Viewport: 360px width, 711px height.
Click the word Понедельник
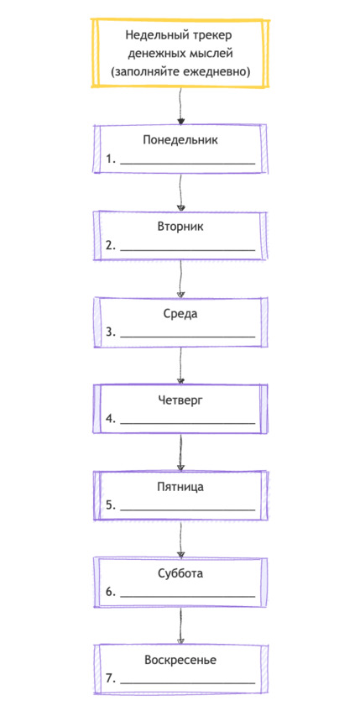click(180, 139)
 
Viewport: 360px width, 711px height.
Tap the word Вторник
click(180, 227)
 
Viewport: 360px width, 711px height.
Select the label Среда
click(180, 314)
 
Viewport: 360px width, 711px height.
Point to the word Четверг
click(180, 400)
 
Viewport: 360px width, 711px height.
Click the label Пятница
click(180, 488)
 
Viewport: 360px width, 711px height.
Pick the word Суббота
click(180, 573)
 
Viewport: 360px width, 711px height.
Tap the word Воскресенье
click(180, 660)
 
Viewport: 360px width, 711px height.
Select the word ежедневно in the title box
click(217, 71)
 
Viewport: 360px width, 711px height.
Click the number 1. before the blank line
click(112, 159)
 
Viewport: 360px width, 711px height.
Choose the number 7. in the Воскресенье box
click(112, 679)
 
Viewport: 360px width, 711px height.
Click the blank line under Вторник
click(188, 250)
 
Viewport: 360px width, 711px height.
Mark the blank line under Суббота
click(188, 596)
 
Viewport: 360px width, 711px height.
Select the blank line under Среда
click(188, 337)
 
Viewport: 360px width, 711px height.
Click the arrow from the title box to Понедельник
click(181, 105)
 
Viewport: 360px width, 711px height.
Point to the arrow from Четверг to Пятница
click(181, 452)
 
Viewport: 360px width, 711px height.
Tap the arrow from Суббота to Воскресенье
click(181, 625)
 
